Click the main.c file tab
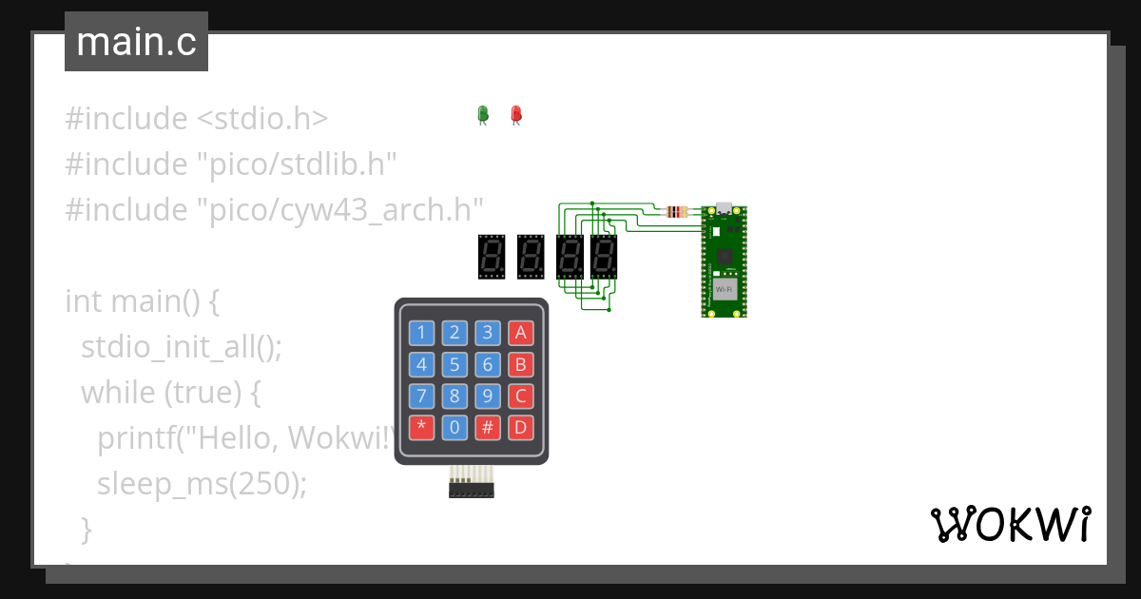[136, 42]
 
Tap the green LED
[482, 114]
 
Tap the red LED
[516, 114]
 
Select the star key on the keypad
[422, 427]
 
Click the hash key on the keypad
[488, 427]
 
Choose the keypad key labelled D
[520, 427]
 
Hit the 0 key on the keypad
[454, 427]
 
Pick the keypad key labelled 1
[422, 332]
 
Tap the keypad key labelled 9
[488, 396]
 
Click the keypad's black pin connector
[472, 490]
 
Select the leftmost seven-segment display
[491, 257]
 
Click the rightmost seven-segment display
[603, 257]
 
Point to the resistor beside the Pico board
[677, 211]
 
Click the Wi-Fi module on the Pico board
[725, 287]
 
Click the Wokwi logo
[1010, 524]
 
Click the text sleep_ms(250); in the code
[203, 484]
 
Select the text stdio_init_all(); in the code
[183, 346]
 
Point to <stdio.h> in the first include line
[262, 119]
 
